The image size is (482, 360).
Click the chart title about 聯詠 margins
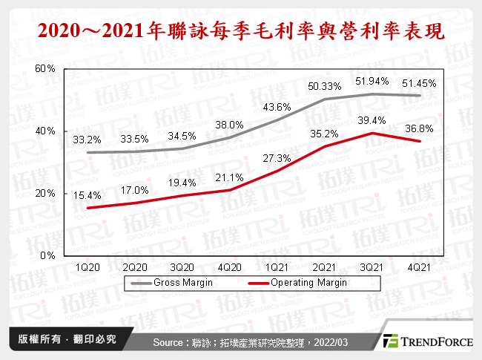pyautogui.click(x=240, y=31)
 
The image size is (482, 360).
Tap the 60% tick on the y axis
pyautogui.click(x=46, y=68)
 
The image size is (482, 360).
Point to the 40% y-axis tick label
pyautogui.click(x=46, y=131)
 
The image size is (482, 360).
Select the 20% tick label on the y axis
pyautogui.click(x=46, y=193)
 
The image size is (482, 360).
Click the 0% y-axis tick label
pyautogui.click(x=48, y=255)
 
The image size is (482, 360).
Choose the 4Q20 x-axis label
pyautogui.click(x=231, y=266)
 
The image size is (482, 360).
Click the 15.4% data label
pyautogui.click(x=88, y=194)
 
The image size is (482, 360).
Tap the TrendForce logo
pyautogui.click(x=423, y=341)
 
